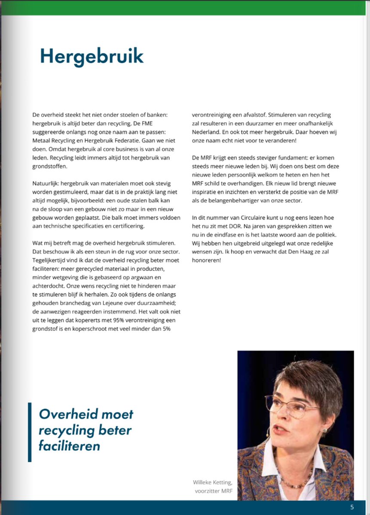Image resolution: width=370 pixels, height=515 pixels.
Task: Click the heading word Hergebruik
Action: click(92, 56)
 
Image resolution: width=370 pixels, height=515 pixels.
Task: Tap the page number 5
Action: click(352, 507)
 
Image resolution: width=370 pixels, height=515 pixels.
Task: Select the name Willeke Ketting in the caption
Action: click(212, 482)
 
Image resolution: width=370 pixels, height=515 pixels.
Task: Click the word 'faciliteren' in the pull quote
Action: click(69, 446)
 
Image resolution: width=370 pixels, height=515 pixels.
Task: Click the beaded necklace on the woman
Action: click(297, 483)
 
